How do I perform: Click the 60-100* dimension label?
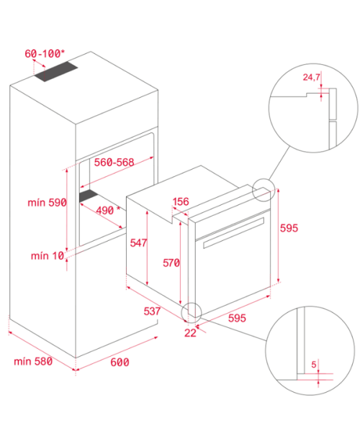coord(45,53)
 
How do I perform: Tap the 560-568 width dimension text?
coord(114,162)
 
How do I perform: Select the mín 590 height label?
coord(47,203)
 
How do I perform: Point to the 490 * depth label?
coord(108,210)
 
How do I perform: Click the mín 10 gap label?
coord(48,255)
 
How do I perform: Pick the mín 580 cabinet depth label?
coord(33,361)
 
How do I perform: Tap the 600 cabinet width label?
coord(120,362)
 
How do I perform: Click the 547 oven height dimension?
coord(138,242)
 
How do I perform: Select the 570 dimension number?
coord(171,263)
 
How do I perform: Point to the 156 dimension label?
coord(181,201)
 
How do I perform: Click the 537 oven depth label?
coord(152,311)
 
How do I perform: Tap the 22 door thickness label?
coord(190,333)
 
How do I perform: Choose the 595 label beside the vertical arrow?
coord(289,228)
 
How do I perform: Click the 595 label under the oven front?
coord(237,318)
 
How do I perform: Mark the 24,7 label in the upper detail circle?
coord(311,77)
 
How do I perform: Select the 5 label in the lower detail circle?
coord(314,365)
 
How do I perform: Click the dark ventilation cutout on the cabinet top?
coord(55,71)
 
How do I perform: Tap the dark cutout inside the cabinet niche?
coord(89,196)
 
